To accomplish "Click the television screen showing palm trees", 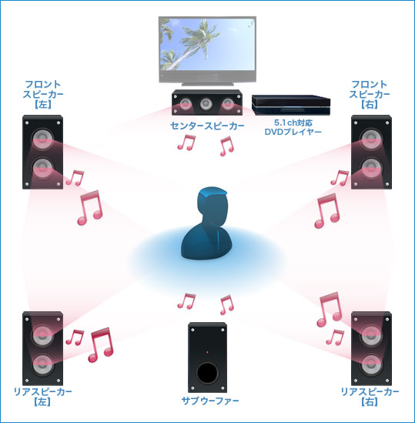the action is click(x=207, y=44).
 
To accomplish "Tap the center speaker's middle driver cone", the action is click(x=206, y=103).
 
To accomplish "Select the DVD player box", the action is click(x=291, y=106).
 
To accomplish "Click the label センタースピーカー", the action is click(x=207, y=126).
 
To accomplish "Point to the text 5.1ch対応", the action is click(x=293, y=123).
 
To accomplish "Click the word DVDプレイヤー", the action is click(x=293, y=132).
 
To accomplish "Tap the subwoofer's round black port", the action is click(x=207, y=373).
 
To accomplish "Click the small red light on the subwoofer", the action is click(x=207, y=352).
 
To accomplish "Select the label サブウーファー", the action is click(x=210, y=401).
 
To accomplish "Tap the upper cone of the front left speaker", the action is click(x=42, y=139).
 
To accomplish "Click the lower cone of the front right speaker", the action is click(x=371, y=168).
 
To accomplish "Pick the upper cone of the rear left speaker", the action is click(x=42, y=335).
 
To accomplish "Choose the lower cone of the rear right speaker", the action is click(x=371, y=364).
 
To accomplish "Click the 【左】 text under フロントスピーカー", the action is click(x=43, y=105).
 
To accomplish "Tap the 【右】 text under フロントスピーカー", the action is click(x=370, y=105).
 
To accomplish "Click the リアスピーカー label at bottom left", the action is click(x=43, y=391).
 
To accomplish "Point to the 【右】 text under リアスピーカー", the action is click(x=370, y=402).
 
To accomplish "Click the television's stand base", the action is click(x=207, y=84).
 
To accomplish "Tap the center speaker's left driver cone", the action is click(x=186, y=104).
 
